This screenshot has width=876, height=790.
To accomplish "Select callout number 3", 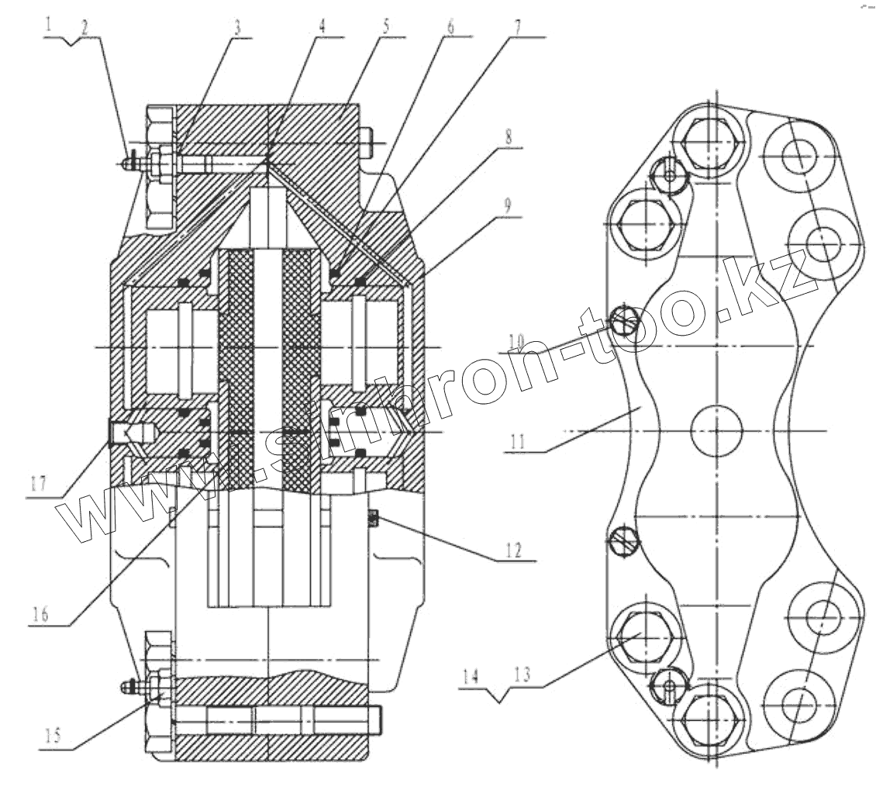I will [x=239, y=26].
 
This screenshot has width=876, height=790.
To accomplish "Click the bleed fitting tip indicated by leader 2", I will [x=126, y=163].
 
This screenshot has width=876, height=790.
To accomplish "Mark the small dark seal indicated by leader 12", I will [x=373, y=518].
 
